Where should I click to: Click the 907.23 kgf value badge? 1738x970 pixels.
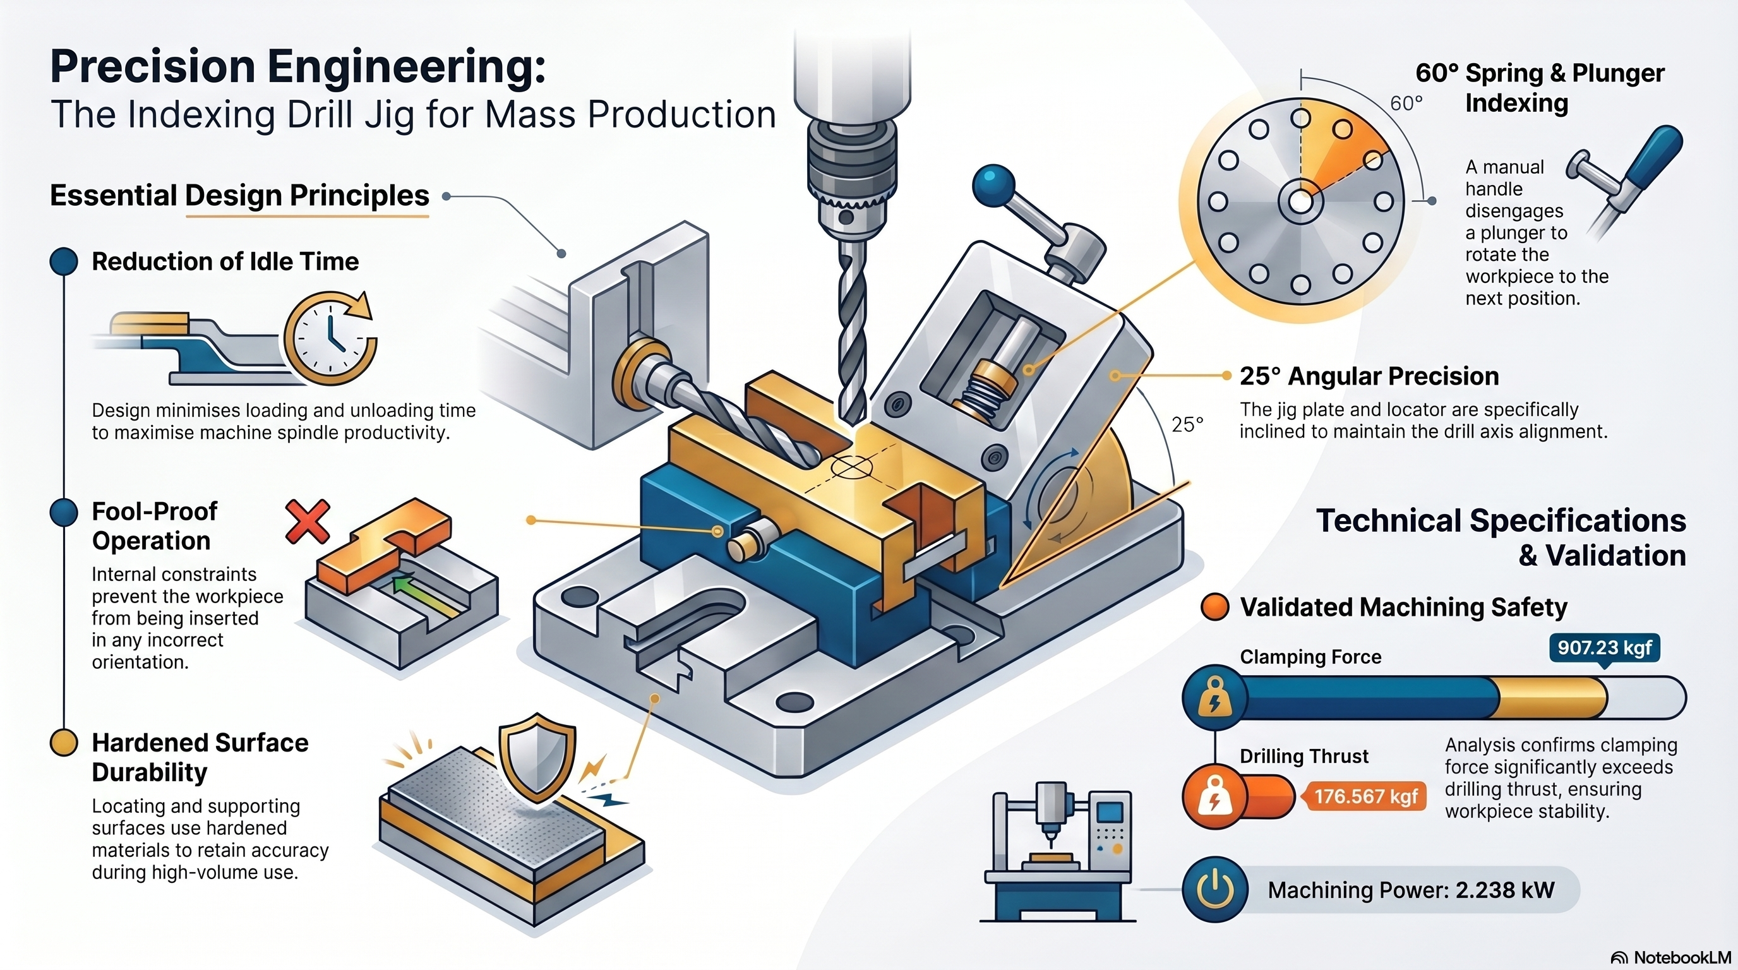[1603, 648]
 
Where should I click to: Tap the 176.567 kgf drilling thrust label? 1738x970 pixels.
[1365, 796]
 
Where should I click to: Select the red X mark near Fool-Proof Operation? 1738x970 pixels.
[308, 522]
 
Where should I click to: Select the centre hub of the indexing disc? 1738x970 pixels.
[1301, 201]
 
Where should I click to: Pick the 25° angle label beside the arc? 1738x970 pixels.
[1187, 424]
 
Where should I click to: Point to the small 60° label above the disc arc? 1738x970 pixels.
[1406, 103]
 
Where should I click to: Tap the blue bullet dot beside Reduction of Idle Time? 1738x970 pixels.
[64, 261]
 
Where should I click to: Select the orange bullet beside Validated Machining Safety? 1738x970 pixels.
[1215, 606]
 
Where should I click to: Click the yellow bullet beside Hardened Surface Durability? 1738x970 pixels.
[64, 743]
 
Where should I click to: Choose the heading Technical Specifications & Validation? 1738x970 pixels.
[1501, 537]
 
